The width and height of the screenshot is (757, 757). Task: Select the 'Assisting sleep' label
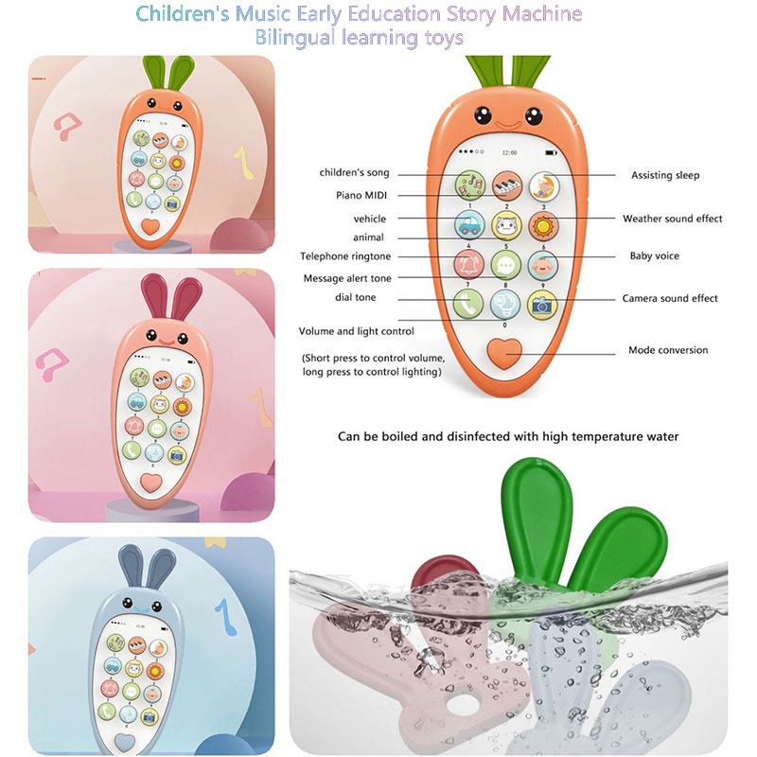[x=664, y=175]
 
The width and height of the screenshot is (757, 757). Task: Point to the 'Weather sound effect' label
[x=672, y=219]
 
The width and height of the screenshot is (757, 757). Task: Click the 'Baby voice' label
[x=654, y=256]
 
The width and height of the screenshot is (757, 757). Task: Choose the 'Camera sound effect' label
[x=670, y=299]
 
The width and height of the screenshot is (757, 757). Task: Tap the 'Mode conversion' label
[x=668, y=350]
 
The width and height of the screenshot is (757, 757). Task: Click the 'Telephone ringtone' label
[x=345, y=256]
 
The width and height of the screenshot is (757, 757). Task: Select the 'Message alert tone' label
[x=347, y=278]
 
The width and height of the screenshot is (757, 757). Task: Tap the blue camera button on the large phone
[x=542, y=304]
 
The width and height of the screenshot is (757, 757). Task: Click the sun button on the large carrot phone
[x=542, y=225]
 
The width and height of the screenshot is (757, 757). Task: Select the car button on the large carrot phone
[x=469, y=225]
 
